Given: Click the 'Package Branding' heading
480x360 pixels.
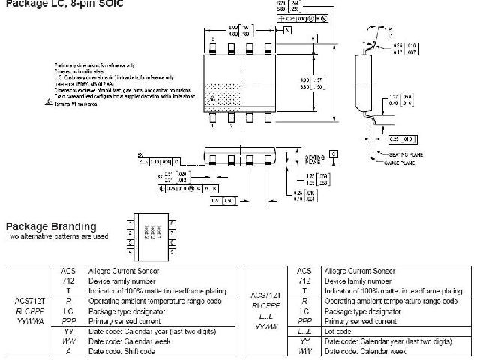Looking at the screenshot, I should tap(51, 226).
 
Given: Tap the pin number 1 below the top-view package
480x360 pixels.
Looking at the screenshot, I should tap(213, 124).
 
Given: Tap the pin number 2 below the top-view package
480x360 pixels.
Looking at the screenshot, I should tap(230, 124).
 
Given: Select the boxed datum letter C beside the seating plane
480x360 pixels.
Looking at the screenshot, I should tap(333, 154).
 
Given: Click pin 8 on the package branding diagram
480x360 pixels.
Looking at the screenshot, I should tap(172, 223).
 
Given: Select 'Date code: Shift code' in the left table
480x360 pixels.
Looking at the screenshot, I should tap(121, 350).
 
